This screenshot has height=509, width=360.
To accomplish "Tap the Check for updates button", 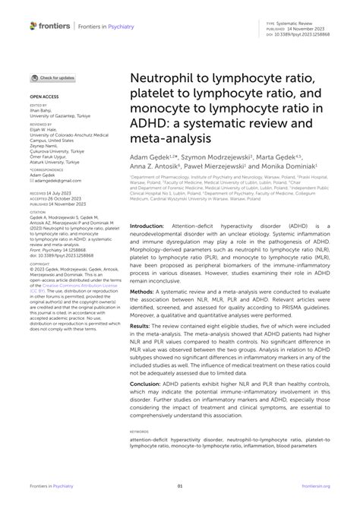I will click(x=52, y=78).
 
